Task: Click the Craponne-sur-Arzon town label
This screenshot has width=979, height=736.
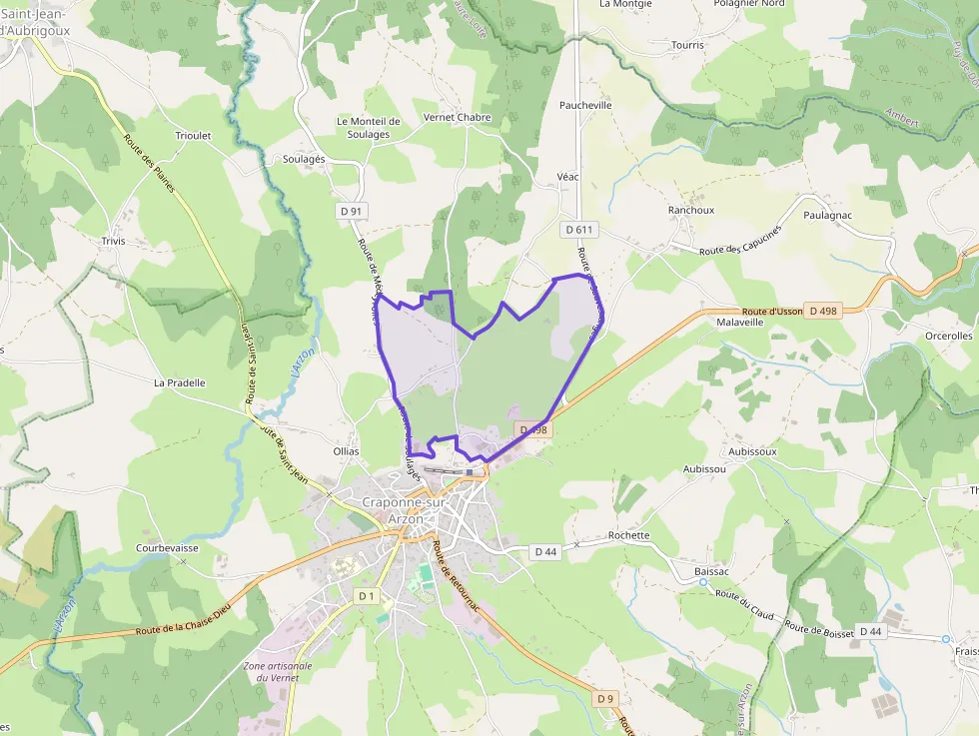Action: click(406, 510)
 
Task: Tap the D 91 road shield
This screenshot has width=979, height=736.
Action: click(351, 211)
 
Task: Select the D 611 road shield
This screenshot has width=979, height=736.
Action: click(579, 230)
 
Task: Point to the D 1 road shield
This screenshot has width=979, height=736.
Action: click(367, 596)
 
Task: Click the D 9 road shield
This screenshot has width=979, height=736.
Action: click(605, 699)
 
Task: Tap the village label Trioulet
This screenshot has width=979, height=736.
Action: click(193, 136)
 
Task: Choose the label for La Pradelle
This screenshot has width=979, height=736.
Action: click(180, 382)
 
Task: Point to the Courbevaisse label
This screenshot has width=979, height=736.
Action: click(167, 547)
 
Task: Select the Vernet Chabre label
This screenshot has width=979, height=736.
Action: click(458, 117)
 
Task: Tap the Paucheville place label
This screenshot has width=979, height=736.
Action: click(585, 105)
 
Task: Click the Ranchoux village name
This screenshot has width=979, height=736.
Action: click(691, 211)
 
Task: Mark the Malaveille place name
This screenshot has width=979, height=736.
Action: click(740, 323)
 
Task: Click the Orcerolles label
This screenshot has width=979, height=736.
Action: click(949, 337)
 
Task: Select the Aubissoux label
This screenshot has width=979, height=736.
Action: click(752, 451)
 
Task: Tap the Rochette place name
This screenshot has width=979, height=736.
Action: click(628, 535)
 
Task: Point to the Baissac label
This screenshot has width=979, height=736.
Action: click(713, 571)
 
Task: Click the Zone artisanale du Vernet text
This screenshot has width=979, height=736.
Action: click(278, 671)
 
